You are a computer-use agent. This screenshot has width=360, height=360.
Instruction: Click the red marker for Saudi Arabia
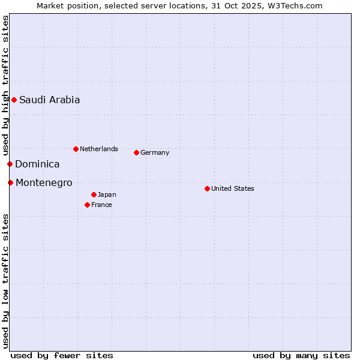(x=14, y=100)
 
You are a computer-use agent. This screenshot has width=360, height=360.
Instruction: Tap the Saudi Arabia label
(x=49, y=100)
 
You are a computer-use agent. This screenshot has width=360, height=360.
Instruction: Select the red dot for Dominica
(x=10, y=164)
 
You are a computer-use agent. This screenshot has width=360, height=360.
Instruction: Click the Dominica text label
(x=37, y=164)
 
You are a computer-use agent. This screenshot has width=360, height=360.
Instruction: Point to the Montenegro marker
(x=10, y=182)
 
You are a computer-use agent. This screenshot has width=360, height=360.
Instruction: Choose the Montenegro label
(x=44, y=183)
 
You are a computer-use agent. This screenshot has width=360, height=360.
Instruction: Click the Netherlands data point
(x=76, y=149)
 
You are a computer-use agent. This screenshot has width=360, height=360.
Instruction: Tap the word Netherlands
(x=98, y=149)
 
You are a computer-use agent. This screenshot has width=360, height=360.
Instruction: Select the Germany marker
(x=136, y=152)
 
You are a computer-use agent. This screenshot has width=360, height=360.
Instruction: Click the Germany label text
(x=155, y=152)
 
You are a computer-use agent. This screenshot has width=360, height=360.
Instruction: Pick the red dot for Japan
(x=94, y=194)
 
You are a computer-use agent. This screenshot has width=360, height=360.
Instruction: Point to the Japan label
(x=107, y=194)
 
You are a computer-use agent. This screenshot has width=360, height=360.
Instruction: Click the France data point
(x=87, y=205)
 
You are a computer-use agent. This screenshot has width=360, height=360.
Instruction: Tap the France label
(x=101, y=205)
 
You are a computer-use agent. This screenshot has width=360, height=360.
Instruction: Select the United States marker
(x=207, y=188)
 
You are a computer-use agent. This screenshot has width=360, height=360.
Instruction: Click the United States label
(x=232, y=188)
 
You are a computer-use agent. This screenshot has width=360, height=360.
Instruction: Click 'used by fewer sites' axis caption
(x=62, y=355)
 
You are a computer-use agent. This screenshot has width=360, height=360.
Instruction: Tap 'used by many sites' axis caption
(x=301, y=355)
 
